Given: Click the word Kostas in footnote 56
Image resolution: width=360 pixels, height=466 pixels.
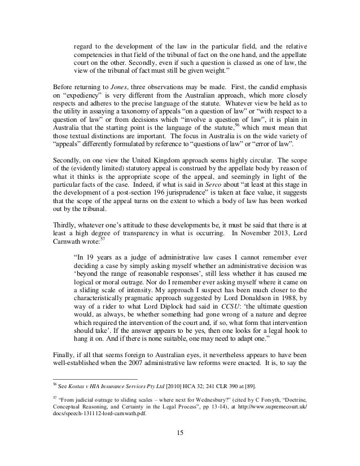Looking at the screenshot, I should click(x=76, y=385).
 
